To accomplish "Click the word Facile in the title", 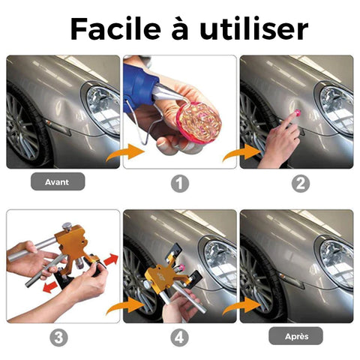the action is pyautogui.click(x=115, y=28).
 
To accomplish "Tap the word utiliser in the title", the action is pyautogui.click(x=253, y=28).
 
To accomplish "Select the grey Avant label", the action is pyautogui.click(x=58, y=181).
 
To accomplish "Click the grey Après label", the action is pyautogui.click(x=295, y=336).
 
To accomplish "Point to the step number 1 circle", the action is pyautogui.click(x=180, y=184).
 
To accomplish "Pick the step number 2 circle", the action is pyautogui.click(x=301, y=184).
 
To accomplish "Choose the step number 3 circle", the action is pyautogui.click(x=58, y=337).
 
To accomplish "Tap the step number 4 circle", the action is pyautogui.click(x=179, y=337).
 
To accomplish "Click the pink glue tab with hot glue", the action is pyautogui.click(x=199, y=123).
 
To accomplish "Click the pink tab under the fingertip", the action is pyautogui.click(x=297, y=113).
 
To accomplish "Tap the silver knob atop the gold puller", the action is pyautogui.click(x=67, y=226).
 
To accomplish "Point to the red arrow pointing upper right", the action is pyautogui.click(x=111, y=260).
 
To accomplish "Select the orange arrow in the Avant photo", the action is pyautogui.click(x=126, y=152).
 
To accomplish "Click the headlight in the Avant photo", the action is pyautogui.click(x=104, y=110).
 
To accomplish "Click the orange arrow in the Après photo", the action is pyautogui.click(x=242, y=306).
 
